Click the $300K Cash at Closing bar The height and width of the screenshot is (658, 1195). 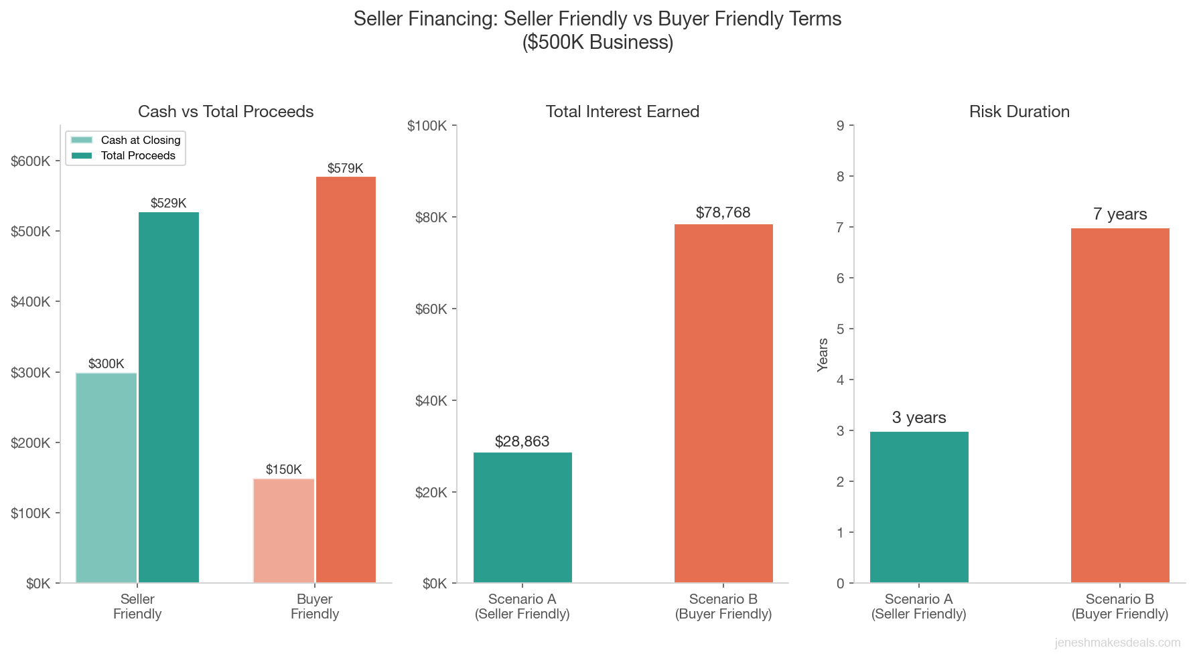(x=106, y=477)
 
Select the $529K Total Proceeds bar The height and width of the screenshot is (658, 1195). (x=169, y=397)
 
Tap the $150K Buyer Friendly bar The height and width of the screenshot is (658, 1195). (x=283, y=530)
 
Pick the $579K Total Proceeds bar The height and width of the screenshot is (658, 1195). (x=346, y=380)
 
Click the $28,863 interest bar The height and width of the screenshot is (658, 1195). (x=522, y=517)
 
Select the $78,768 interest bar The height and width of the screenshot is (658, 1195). (x=723, y=403)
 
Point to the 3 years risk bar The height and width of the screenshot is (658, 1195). (x=919, y=507)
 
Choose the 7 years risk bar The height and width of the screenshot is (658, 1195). (x=1120, y=405)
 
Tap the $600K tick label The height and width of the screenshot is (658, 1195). (x=31, y=161)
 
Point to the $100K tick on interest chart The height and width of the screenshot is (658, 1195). (x=427, y=126)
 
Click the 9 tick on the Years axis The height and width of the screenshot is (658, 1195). (x=841, y=126)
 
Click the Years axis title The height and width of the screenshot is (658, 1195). (x=823, y=354)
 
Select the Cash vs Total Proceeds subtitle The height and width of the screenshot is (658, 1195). (x=226, y=112)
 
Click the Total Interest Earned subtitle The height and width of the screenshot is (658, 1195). (x=622, y=112)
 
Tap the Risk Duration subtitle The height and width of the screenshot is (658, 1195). (x=1019, y=112)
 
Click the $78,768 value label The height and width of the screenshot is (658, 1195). (x=723, y=213)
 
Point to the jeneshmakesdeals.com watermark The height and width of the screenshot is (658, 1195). (x=1117, y=643)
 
